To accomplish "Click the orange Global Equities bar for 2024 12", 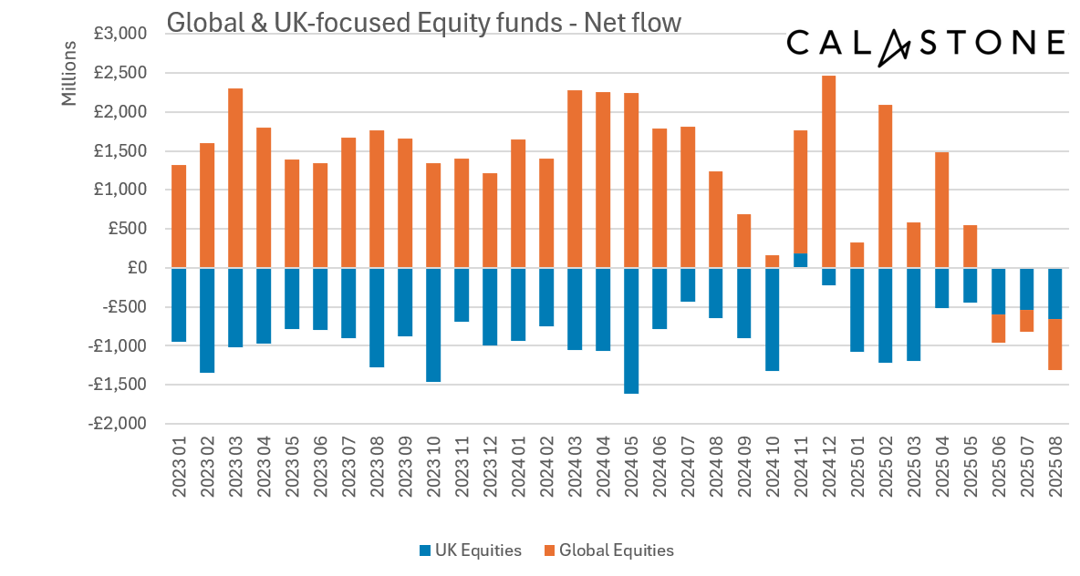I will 829,171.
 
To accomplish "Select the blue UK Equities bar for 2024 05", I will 631,330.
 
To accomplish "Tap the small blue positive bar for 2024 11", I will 801,261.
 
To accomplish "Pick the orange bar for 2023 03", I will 235,178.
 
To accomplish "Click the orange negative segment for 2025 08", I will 1055,345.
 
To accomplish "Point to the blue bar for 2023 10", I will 433,324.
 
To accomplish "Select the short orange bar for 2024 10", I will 773,262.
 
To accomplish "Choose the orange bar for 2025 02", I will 886,186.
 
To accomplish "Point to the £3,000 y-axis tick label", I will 120,35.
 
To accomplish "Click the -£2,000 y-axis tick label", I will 118,424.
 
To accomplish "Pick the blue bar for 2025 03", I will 914,314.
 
